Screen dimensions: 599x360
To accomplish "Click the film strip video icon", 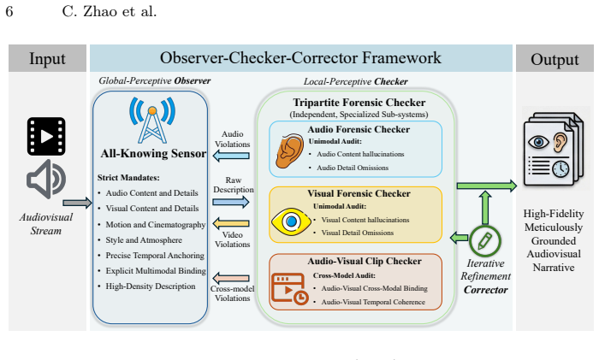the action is coord(46,136).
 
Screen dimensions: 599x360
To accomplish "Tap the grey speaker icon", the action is coord(46,179).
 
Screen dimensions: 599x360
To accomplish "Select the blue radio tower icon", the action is coord(152,121).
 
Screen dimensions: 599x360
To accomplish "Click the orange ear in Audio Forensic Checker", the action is coord(289,150).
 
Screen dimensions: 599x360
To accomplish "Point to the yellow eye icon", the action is coord(291,221).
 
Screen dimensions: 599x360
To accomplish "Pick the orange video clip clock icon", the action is coord(290,289).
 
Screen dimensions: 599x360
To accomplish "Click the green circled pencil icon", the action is coord(485,241).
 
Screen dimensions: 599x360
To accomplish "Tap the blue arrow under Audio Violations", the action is coord(231,156).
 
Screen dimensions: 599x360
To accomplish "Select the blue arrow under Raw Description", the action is coord(231,202).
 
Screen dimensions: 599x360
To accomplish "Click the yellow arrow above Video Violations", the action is coord(231,223).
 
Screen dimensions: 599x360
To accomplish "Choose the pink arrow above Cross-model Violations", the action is coord(231,278).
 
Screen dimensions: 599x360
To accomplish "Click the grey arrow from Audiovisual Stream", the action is coord(78,203).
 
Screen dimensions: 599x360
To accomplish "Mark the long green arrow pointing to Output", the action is coord(487,186).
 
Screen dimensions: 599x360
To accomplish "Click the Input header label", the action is coord(47,59).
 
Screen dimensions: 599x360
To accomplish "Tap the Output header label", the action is coord(555,60).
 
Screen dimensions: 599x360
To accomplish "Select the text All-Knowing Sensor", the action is coord(153,153).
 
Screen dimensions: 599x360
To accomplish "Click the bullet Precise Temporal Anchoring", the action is coord(155,256).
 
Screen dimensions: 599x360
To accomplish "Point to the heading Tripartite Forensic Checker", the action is coord(359,103).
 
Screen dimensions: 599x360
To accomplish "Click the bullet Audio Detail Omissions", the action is coord(353,168).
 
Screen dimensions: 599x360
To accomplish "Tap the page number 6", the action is coord(9,11).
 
